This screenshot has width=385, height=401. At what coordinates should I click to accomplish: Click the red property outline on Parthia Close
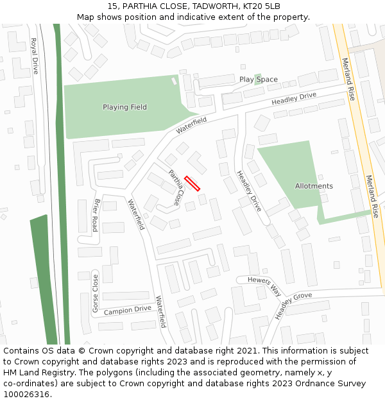coord(193,183)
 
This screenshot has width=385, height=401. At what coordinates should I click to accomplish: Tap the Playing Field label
coord(124,107)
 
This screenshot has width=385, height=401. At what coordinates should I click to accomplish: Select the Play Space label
coord(259,80)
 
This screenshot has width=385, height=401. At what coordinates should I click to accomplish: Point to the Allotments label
coord(314,186)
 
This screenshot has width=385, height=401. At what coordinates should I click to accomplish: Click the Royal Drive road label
coord(35,56)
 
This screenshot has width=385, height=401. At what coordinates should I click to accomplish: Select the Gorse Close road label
coord(96,294)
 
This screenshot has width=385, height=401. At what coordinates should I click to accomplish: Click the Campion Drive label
coord(127,309)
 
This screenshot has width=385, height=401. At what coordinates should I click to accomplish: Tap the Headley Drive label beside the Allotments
coord(248,191)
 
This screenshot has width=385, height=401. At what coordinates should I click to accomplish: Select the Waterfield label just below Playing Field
coord(191,125)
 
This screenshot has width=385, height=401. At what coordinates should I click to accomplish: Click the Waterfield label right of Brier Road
coord(135,215)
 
